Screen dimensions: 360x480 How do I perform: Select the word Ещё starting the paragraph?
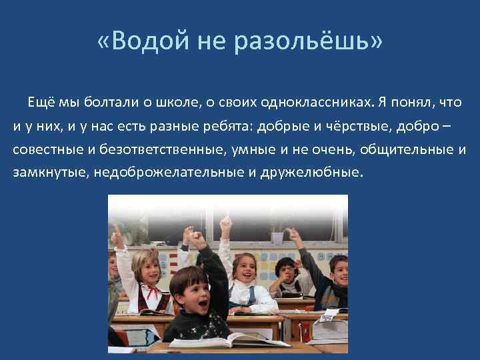click(39, 102)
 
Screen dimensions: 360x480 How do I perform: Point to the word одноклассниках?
click(317, 102)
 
